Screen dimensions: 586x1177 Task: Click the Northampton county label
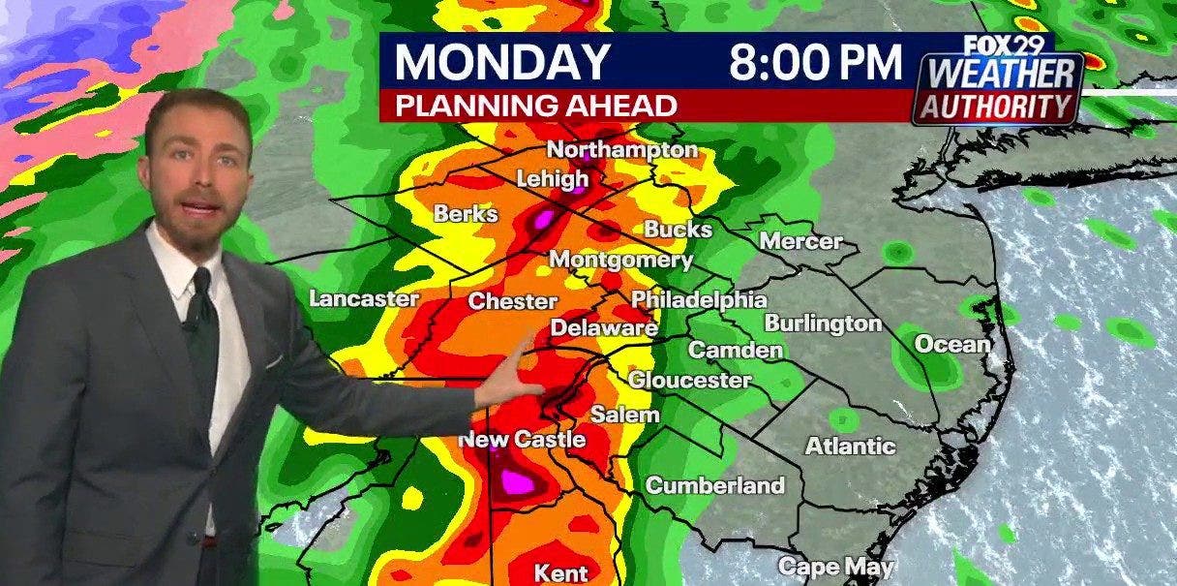click(622, 150)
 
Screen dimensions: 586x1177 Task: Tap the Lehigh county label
click(552, 179)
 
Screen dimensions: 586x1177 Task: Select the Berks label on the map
click(466, 213)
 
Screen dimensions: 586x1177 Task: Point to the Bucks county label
click(678, 230)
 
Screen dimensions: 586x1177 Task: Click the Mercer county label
click(800, 241)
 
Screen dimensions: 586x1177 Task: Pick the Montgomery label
click(620, 260)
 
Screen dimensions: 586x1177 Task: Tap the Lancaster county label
click(364, 298)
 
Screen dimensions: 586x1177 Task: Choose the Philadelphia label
click(699, 300)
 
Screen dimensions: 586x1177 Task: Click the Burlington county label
click(823, 324)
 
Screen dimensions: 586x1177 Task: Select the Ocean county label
click(952, 344)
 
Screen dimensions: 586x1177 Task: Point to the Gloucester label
click(689, 380)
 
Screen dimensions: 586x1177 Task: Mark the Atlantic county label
click(851, 447)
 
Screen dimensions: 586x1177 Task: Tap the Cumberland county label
click(714, 485)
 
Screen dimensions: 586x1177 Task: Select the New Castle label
click(522, 440)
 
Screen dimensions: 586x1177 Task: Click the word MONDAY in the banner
click(501, 62)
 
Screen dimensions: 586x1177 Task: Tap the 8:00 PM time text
click(815, 62)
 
